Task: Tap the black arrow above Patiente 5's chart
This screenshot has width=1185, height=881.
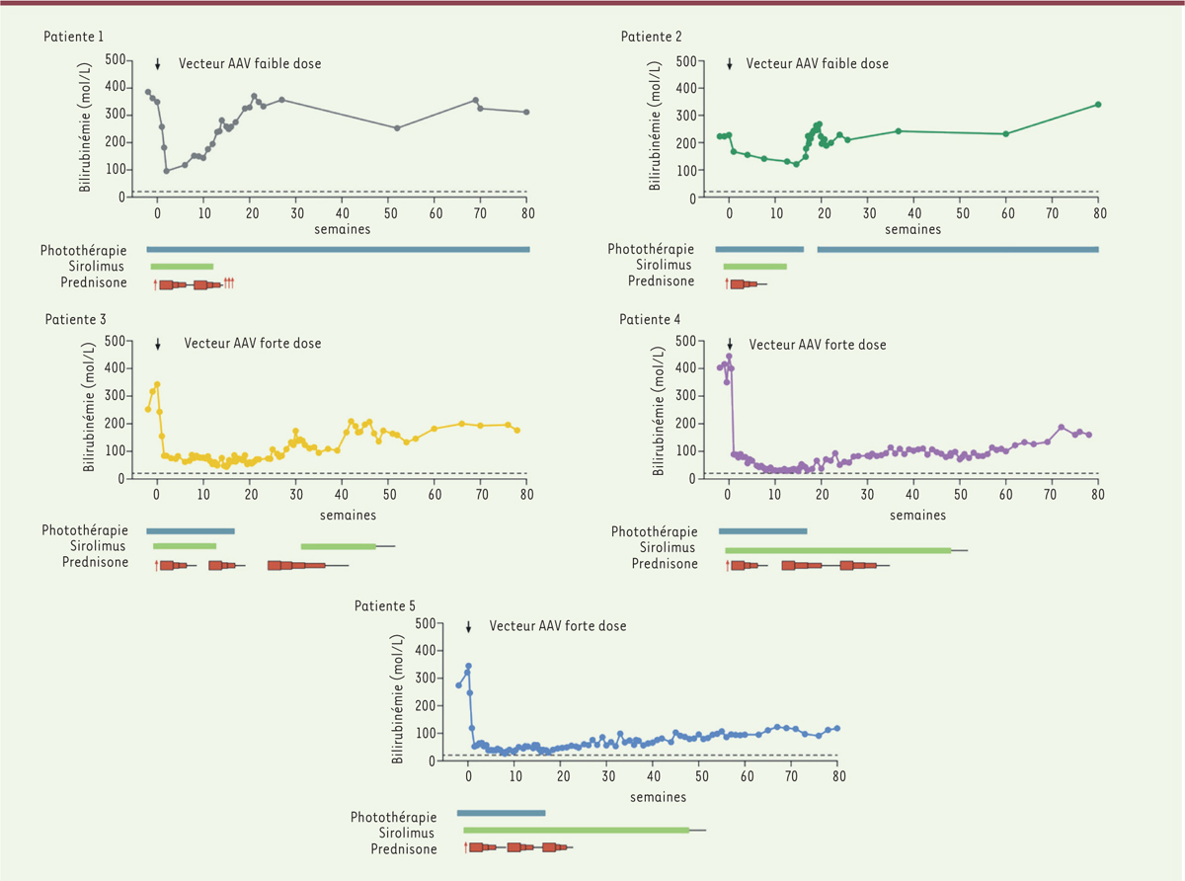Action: point(469,627)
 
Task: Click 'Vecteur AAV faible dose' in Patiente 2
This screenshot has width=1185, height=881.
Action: point(817,64)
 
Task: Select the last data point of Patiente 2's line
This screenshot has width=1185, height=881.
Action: point(1098,105)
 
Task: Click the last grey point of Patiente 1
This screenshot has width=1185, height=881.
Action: point(526,112)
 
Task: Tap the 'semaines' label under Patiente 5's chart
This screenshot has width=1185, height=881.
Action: point(659,796)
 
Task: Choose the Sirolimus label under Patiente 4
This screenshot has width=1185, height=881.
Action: point(667,547)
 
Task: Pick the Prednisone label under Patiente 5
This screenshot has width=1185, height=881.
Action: point(404,848)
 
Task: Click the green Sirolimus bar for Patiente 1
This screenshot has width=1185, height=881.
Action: point(182,266)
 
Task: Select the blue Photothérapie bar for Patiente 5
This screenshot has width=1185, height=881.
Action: point(501,813)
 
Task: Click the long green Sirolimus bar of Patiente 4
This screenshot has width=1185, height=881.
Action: point(837,550)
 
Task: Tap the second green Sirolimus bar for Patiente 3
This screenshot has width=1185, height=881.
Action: point(338,545)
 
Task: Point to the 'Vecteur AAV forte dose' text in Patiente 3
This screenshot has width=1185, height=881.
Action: point(252,344)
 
